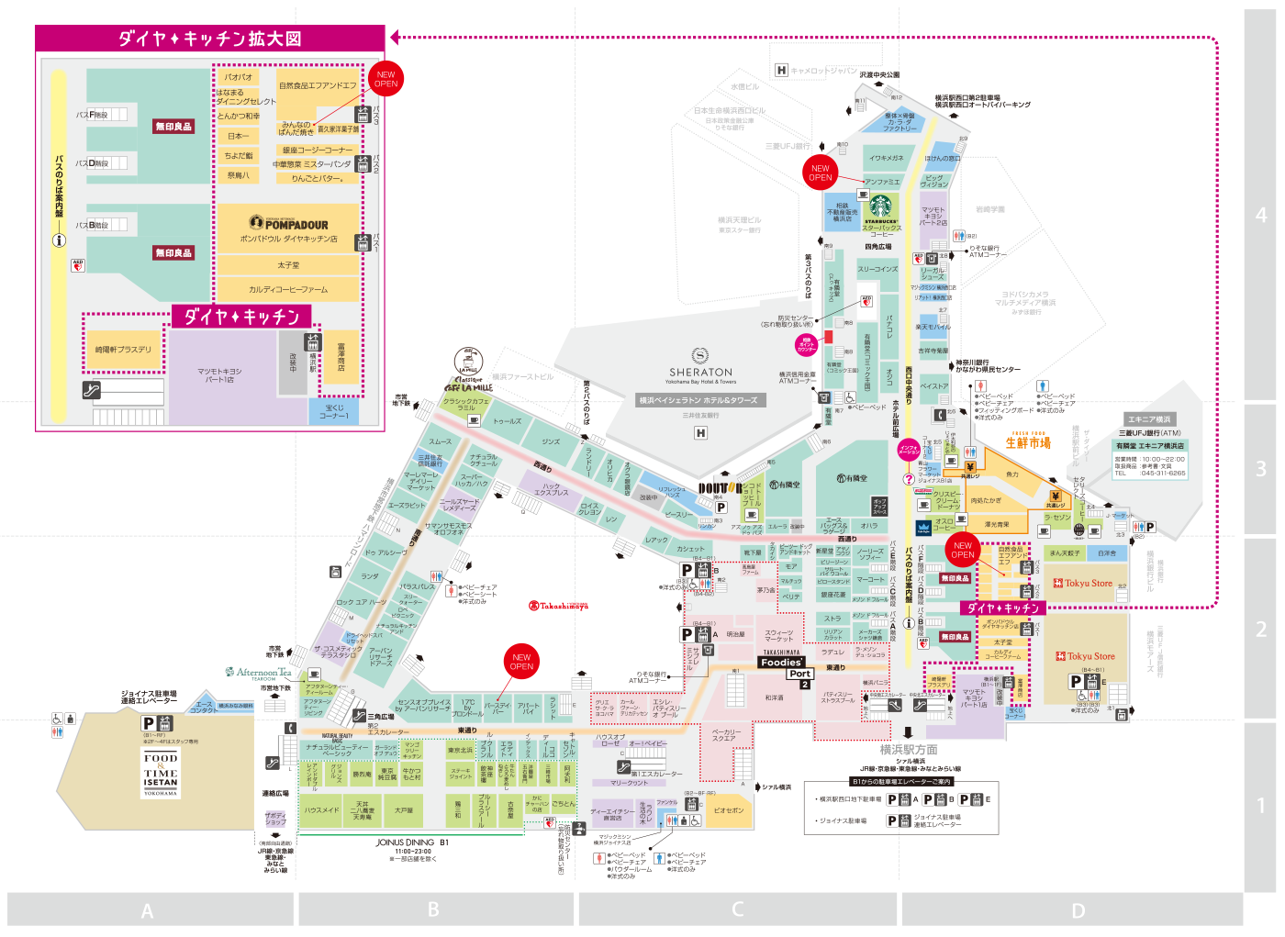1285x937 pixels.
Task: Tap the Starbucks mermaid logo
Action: coord(880,206)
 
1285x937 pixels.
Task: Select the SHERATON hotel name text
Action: coord(700,373)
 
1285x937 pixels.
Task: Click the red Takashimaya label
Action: coord(558,606)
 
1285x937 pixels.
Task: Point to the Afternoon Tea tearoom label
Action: coord(258,673)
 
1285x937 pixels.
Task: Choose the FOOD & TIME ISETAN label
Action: coord(161,775)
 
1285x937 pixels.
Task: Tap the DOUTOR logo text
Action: coord(720,488)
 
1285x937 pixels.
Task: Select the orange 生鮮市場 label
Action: coord(1027,442)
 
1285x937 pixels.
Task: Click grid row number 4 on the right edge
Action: coord(1260,215)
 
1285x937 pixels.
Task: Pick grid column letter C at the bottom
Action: coord(737,909)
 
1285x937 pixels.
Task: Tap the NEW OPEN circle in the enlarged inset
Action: coord(385,79)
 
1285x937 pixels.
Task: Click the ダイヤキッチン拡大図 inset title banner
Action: coord(210,39)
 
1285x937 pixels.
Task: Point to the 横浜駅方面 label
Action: coord(909,750)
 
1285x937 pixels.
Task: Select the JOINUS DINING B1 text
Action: coord(412,842)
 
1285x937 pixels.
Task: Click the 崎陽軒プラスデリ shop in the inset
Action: coord(123,350)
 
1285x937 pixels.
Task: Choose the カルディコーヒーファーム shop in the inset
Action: coord(288,289)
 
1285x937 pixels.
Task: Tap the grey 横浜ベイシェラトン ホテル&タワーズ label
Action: coord(698,400)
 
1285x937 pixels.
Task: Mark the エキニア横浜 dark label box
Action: coord(1149,419)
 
